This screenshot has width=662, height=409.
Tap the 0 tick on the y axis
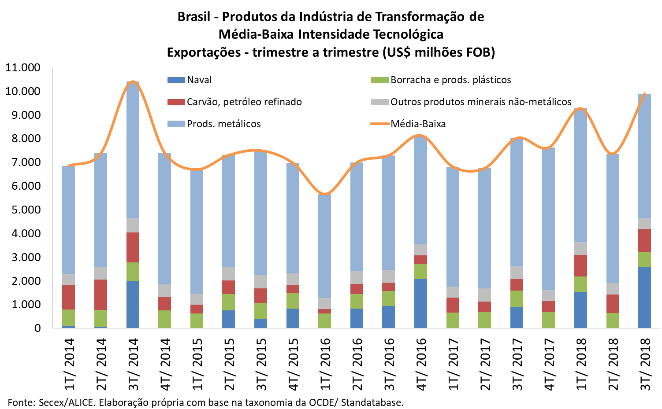37,328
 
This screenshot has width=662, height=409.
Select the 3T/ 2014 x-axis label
133,364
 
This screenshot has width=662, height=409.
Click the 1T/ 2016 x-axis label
325,364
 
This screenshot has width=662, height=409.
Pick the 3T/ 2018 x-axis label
645,364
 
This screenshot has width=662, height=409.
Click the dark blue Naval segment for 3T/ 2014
133,304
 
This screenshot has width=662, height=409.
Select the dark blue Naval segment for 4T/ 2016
420,303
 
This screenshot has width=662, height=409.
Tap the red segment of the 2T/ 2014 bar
101,295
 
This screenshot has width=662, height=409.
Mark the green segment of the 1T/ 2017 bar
453,320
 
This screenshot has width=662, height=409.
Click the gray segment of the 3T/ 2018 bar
644,224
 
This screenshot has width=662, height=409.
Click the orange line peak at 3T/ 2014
133,82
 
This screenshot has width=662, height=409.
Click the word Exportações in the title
204,52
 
